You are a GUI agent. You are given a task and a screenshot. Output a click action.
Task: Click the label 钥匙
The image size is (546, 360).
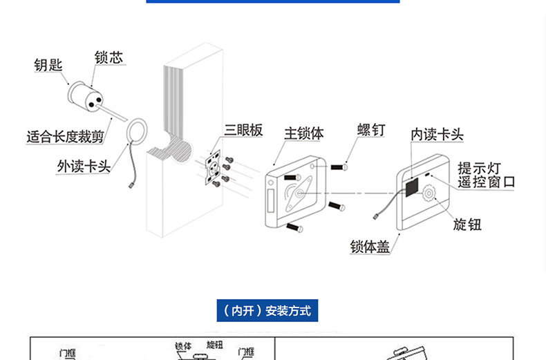click(x=48, y=66)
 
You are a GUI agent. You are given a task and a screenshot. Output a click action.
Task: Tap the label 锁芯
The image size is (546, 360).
click(x=109, y=57)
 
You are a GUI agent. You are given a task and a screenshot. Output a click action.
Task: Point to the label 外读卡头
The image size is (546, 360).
click(x=84, y=166)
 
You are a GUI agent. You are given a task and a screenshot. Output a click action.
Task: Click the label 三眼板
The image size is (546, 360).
click(x=243, y=131)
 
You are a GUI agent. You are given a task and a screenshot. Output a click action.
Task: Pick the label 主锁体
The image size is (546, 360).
click(x=304, y=133)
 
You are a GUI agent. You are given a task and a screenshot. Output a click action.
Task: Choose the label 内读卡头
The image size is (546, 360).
click(x=437, y=133)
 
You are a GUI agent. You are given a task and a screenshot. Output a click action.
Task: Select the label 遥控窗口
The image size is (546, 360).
click(x=487, y=183)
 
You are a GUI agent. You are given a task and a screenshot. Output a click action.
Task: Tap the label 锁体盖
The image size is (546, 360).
click(x=370, y=247)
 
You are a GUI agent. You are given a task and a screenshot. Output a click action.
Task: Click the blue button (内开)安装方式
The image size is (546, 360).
click(x=268, y=311)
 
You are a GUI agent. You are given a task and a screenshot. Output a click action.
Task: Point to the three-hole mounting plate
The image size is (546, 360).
click(x=216, y=167)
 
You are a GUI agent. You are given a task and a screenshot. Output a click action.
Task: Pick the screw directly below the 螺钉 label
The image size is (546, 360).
click(x=338, y=167)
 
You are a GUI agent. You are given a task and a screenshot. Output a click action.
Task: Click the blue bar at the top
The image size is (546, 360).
click(x=273, y=2)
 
